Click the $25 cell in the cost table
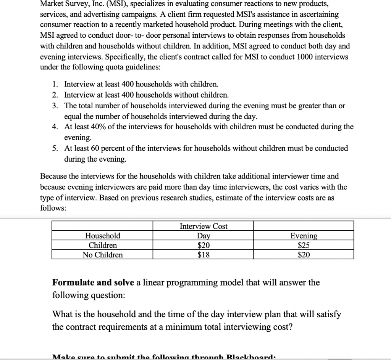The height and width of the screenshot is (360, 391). pyautogui.click(x=304, y=245)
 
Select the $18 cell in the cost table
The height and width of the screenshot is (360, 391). pyautogui.click(x=204, y=255)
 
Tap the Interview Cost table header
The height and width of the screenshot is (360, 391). pyautogui.click(x=204, y=226)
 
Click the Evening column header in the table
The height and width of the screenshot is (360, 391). pyautogui.click(x=304, y=236)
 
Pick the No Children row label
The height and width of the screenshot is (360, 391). pyautogui.click(x=103, y=255)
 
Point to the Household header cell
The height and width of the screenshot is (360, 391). pyautogui.click(x=103, y=236)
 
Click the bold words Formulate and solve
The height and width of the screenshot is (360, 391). pyautogui.click(x=93, y=283)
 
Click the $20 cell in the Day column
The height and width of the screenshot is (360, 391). pyautogui.click(x=204, y=245)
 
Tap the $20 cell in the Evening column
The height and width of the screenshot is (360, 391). pyautogui.click(x=304, y=255)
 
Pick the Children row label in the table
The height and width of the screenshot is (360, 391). pyautogui.click(x=103, y=245)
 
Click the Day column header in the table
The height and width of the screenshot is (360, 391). pyautogui.click(x=204, y=236)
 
